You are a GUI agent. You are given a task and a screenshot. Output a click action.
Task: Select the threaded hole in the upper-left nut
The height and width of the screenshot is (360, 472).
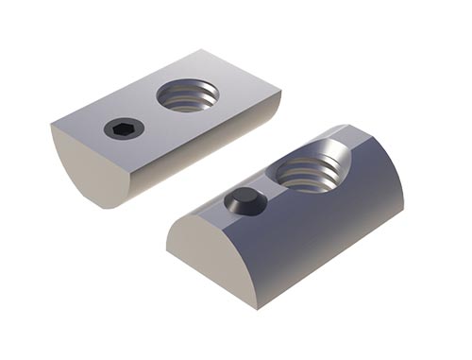[x=187, y=94]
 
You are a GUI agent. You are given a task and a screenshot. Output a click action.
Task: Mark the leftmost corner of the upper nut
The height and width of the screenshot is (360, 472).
[x=51, y=126]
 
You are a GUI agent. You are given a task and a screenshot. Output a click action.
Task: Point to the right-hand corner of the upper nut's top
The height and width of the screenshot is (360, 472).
[x=280, y=89]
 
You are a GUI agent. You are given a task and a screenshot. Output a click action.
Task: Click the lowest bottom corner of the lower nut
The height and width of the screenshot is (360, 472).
[x=257, y=307]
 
